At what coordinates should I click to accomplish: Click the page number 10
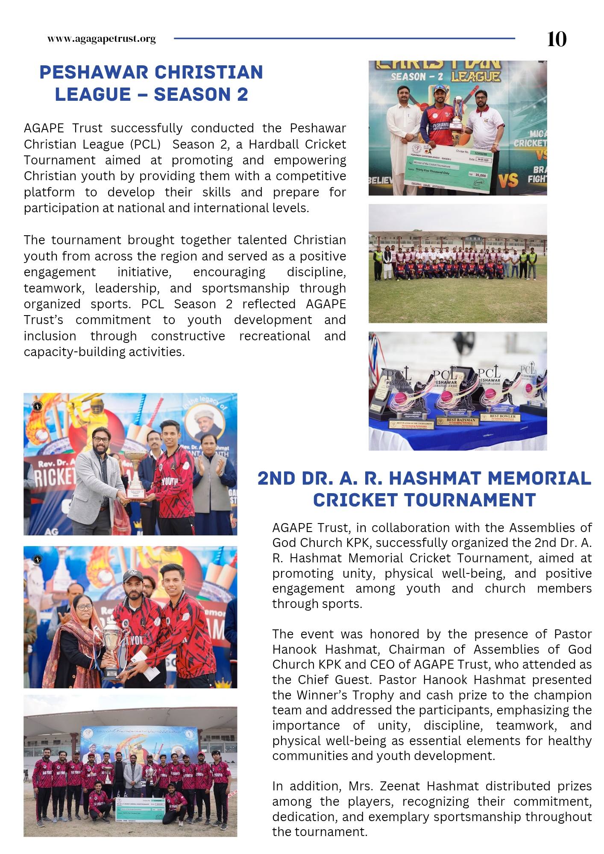point(557,39)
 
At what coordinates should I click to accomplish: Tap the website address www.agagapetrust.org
point(102,39)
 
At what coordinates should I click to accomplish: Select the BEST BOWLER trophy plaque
point(502,417)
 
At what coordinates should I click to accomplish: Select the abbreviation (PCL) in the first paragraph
point(145,144)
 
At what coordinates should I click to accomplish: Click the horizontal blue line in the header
point(344,38)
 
